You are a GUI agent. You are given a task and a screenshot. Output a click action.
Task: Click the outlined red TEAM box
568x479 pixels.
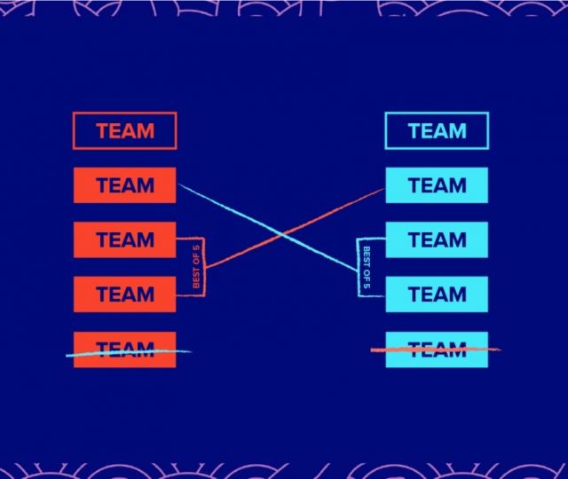124,131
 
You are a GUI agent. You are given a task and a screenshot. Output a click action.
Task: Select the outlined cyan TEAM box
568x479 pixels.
437,131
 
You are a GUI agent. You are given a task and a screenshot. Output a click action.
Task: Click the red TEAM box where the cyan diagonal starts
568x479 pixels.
124,185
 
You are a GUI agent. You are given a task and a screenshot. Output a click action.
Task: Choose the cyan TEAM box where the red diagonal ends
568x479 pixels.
437,185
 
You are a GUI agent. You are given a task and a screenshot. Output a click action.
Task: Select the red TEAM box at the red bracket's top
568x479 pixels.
124,239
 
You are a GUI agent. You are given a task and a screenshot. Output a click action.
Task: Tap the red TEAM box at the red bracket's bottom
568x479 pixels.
124,294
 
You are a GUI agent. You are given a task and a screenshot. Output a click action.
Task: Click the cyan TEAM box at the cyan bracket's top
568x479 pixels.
437,239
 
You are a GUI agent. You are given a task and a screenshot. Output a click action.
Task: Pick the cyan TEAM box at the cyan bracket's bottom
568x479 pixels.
437,294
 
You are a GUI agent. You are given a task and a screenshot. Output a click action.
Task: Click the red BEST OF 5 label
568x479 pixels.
197,267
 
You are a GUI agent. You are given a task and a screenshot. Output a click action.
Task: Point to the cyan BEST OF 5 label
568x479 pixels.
365,267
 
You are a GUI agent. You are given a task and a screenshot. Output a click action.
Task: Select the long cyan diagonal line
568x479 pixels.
231,209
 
